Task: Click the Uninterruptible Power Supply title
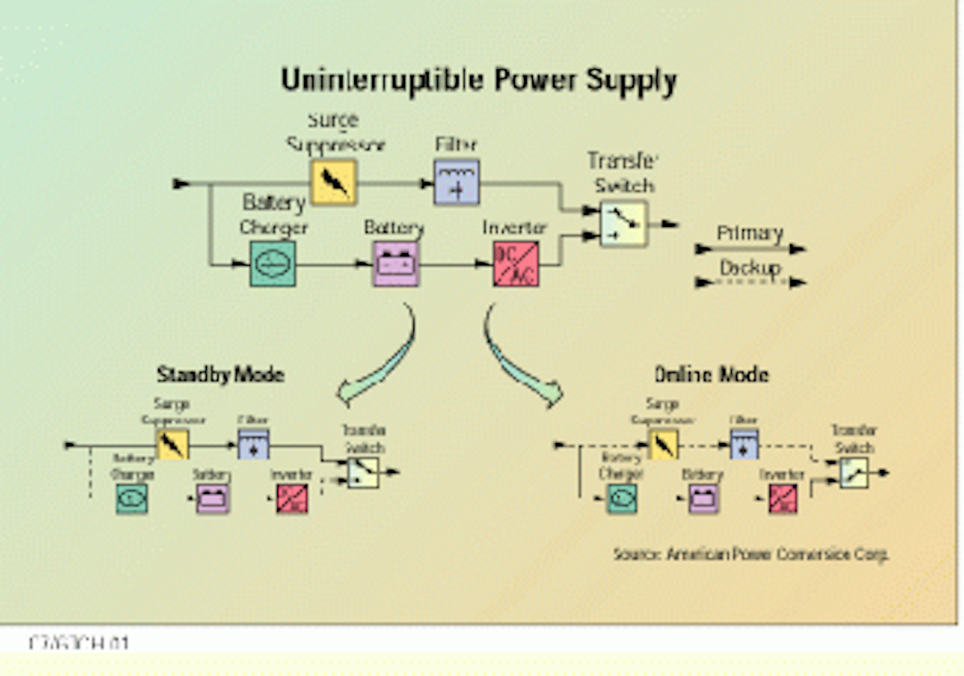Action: point(478,80)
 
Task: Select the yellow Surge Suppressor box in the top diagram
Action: point(333,182)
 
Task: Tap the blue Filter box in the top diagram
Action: point(457,182)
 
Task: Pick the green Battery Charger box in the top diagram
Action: point(272,264)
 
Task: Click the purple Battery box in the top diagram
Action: point(396,264)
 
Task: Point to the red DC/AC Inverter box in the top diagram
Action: point(515,264)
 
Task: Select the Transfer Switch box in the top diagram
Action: point(623,224)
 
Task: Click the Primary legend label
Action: point(750,233)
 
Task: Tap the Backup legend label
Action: point(750,268)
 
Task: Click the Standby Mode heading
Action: point(220,374)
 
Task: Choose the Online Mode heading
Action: point(711,374)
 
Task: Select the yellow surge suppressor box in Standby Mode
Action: point(172,444)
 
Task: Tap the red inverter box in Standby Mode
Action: point(292,499)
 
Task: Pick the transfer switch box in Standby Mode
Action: point(363,473)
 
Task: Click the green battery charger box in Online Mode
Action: point(621,499)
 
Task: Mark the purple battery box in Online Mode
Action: point(703,499)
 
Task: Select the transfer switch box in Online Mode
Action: point(854,473)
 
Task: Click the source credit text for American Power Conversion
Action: point(750,554)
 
